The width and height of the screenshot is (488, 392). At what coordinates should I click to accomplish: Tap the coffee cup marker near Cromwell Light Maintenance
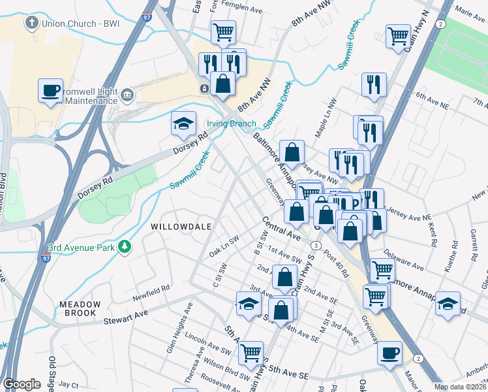point(50,91)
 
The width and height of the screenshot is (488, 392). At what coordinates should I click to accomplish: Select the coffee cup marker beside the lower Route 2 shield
point(390,353)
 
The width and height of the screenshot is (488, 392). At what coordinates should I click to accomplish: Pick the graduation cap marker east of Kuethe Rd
point(448,304)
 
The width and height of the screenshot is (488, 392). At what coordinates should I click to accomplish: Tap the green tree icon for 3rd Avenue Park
point(124,247)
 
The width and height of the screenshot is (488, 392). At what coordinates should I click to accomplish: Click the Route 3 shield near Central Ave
point(315,245)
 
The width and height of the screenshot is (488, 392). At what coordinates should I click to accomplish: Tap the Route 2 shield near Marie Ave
point(441,24)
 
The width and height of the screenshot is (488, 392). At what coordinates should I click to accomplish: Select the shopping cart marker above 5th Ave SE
point(251,353)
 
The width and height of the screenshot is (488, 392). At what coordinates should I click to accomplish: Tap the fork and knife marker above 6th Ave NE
point(374,84)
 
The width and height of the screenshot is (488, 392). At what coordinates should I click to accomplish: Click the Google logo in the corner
point(22,384)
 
